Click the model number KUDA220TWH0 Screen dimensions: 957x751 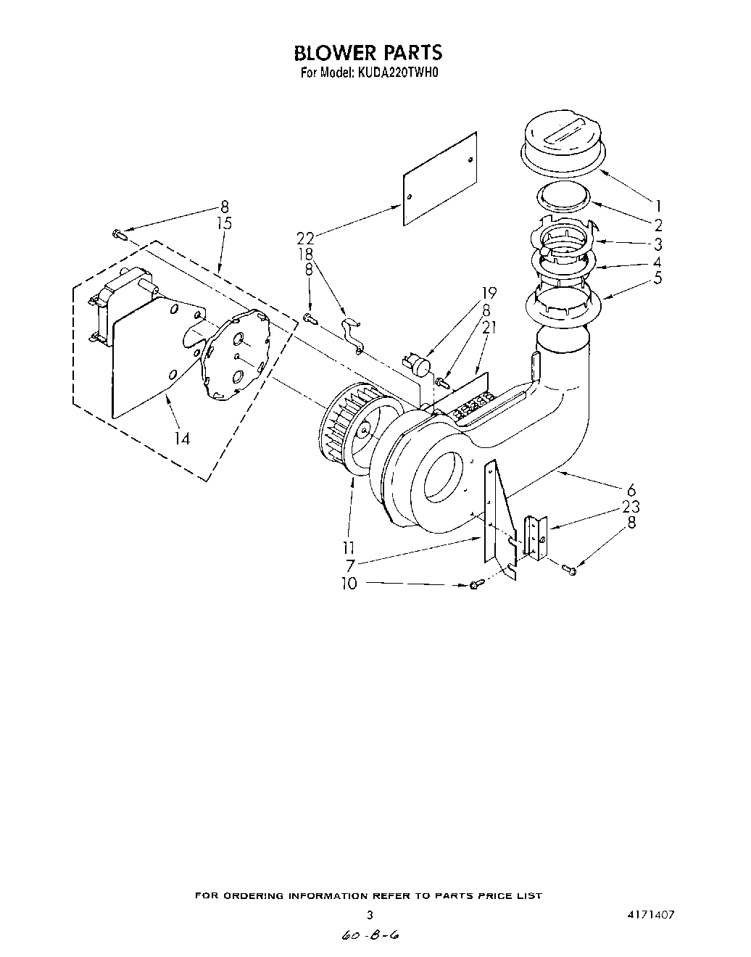coord(397,72)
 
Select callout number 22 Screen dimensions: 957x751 coord(305,237)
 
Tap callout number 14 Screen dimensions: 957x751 coord(182,438)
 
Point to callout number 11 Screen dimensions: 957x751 coord(349,547)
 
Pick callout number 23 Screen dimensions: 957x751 coord(631,507)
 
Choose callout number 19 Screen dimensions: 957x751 coord(489,294)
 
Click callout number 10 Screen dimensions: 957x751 coord(349,583)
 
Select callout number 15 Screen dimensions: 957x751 coord(225,223)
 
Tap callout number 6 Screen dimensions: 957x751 coord(631,489)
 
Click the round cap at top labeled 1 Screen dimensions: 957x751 coord(562,143)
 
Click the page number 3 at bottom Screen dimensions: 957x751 coord(370,915)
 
